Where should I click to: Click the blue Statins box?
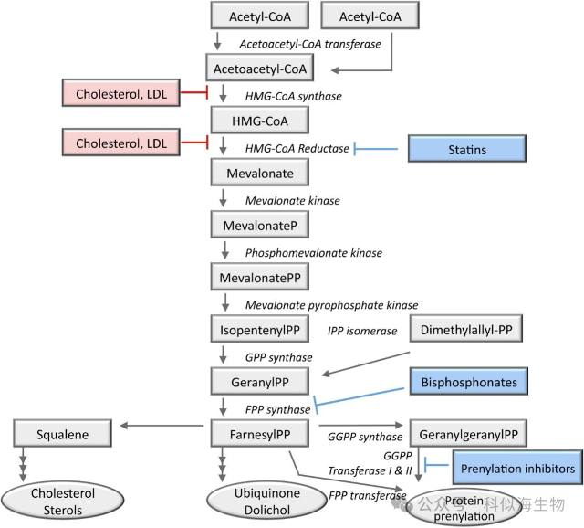(x=468, y=149)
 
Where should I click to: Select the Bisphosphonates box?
(x=469, y=383)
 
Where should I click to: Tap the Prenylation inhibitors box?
(x=516, y=469)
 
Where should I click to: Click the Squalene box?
(x=62, y=435)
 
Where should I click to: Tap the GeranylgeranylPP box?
(x=468, y=435)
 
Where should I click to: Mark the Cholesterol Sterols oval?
(x=63, y=502)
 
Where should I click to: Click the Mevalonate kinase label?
(x=292, y=201)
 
